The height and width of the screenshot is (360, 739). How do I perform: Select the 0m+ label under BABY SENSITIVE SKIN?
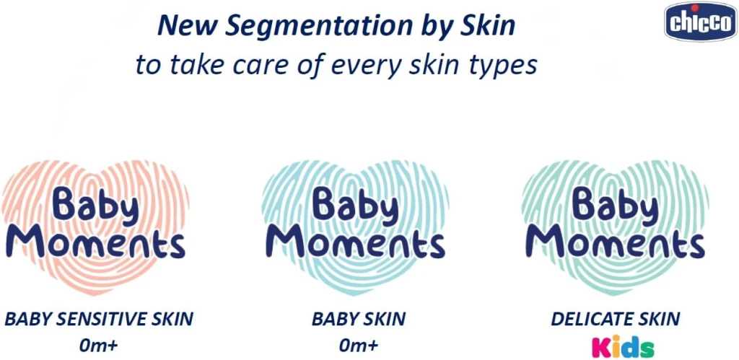tap(99, 345)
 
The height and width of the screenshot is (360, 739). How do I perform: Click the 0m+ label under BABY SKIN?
tap(359, 345)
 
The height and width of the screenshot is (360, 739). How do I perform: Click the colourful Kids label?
tap(623, 346)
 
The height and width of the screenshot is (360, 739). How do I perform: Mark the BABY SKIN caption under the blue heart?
tap(359, 319)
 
